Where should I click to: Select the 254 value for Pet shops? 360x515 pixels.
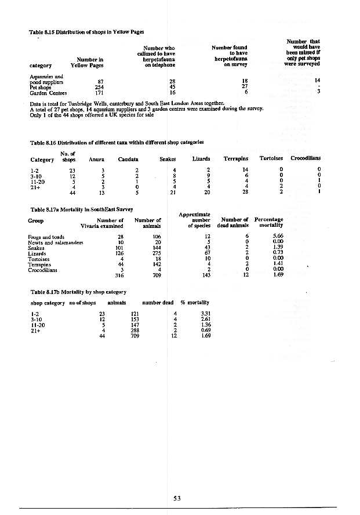coord(99,87)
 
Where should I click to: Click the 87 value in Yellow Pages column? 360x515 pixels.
coord(100,81)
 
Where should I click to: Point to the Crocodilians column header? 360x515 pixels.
coord(306,158)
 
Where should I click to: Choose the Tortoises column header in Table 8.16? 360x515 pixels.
coord(272,158)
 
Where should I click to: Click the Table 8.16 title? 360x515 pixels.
coord(116,142)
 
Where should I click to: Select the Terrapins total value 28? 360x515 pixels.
coord(245,193)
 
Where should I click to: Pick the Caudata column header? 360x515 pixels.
coord(128,158)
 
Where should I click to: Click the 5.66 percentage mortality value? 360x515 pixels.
coord(277,237)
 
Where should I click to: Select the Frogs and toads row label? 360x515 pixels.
coord(46,237)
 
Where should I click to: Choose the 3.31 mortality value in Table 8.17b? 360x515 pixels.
coord(197,314)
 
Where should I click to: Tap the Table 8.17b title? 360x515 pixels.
coord(78,292)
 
